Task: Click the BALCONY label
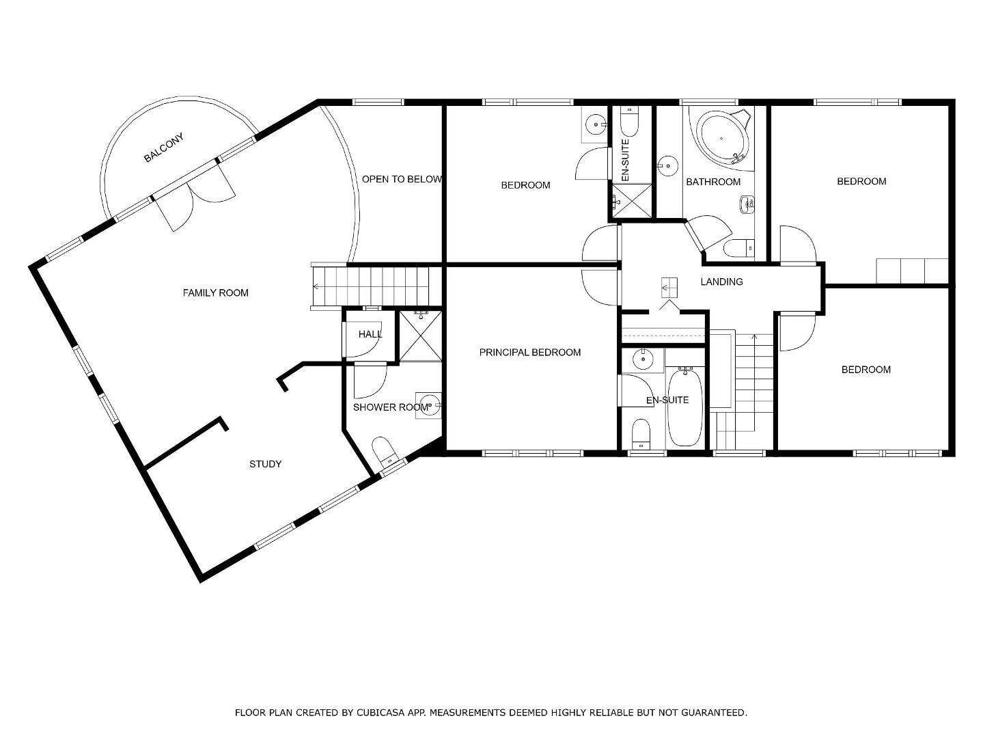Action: (163, 148)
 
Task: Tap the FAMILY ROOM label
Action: (215, 293)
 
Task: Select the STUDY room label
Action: (265, 464)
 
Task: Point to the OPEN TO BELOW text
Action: (402, 179)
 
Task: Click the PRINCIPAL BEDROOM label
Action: (530, 353)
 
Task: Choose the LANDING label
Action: (721, 282)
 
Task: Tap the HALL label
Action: (370, 334)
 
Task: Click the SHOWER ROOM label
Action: (391, 407)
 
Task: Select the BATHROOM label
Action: (713, 182)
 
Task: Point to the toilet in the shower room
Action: (384, 452)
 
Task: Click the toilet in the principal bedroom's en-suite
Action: (641, 433)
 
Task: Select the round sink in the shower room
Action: (428, 406)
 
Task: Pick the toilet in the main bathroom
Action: (738, 247)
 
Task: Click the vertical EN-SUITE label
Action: (626, 160)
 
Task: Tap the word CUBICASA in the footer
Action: (377, 713)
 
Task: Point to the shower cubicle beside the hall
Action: (420, 336)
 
